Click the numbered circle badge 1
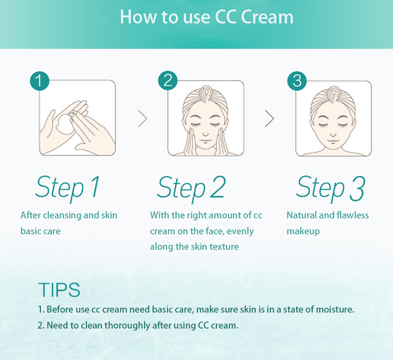click(39, 81)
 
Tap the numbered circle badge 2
click(168, 81)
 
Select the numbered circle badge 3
click(297, 81)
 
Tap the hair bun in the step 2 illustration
click(205, 93)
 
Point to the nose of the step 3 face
click(333, 135)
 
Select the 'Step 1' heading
click(68, 188)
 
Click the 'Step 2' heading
click(191, 188)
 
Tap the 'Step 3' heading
click(331, 188)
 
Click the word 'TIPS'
click(59, 290)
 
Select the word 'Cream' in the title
click(267, 17)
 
